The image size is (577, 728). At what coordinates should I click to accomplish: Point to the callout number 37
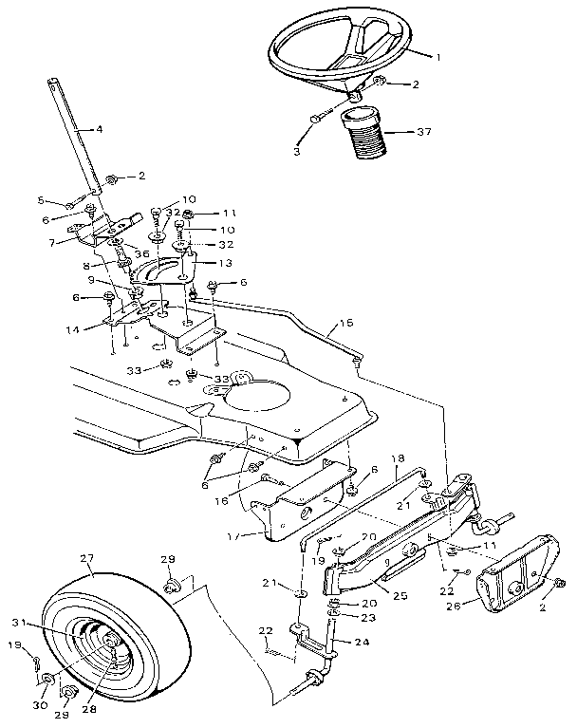point(424,133)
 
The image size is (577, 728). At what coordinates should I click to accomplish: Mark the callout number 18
point(399,457)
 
